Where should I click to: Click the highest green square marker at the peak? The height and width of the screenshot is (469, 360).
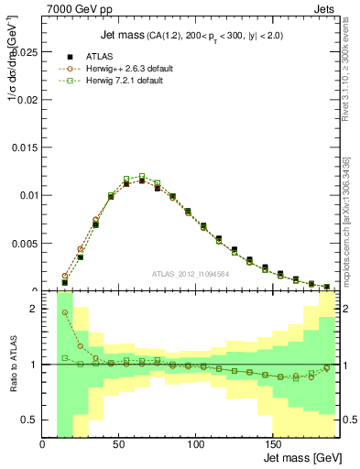click(x=141, y=176)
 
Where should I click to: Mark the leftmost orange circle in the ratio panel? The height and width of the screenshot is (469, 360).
click(x=65, y=312)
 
